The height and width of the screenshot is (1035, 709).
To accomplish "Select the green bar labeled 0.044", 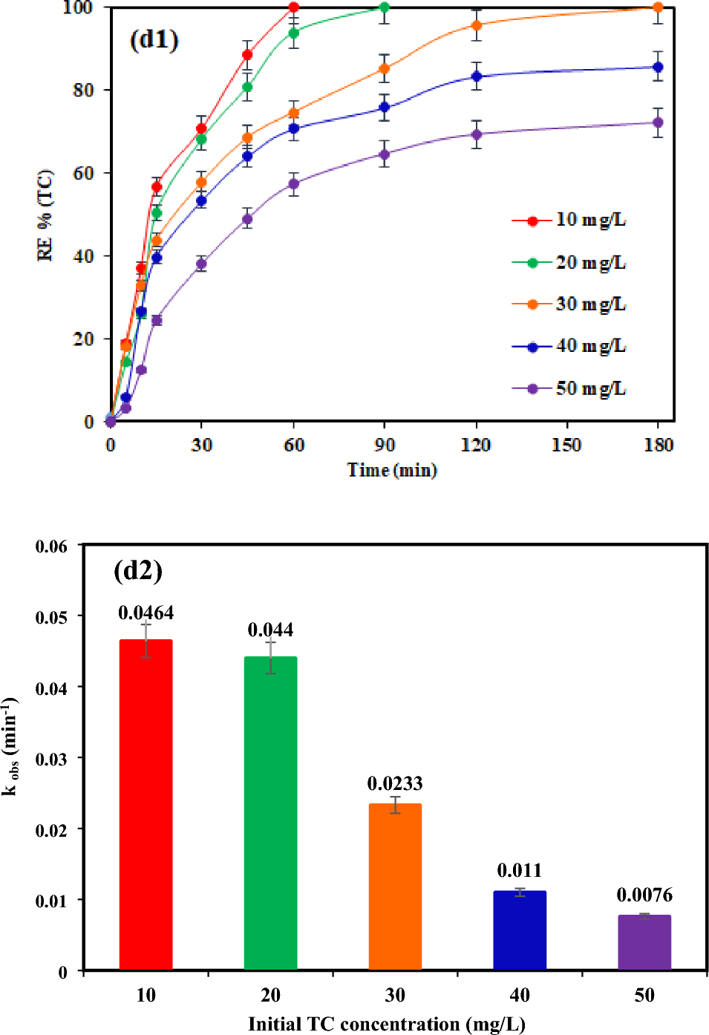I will (x=270, y=813).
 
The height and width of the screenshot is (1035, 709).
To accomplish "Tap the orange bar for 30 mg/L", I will (x=395, y=887).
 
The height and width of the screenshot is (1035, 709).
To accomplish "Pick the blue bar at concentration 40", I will (x=520, y=930).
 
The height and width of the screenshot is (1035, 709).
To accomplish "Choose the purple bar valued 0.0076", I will (x=644, y=942).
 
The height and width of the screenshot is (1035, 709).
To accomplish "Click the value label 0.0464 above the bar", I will (x=146, y=613).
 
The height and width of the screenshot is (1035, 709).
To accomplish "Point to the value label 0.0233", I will (x=395, y=783).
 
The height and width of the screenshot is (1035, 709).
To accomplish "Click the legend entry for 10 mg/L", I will (x=569, y=220).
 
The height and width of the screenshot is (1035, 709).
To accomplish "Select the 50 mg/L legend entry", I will (x=569, y=388).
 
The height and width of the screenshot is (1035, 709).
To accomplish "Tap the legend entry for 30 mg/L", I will (x=569, y=304).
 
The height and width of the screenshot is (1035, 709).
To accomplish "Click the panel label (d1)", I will (x=154, y=39).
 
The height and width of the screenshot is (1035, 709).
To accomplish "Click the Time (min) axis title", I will (x=392, y=470).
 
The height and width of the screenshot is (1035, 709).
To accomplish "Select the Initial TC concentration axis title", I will (x=386, y=1024).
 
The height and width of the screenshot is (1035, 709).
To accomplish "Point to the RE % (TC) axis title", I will (x=45, y=215).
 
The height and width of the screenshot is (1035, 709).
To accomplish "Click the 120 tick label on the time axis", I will (x=475, y=445).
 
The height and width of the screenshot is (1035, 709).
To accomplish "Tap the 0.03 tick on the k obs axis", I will (x=51, y=759).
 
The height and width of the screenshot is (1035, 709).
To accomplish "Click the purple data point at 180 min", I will (x=658, y=123).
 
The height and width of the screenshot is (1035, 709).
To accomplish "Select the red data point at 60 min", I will (x=293, y=7).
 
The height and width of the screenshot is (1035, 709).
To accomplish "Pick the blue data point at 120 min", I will (x=476, y=76).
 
